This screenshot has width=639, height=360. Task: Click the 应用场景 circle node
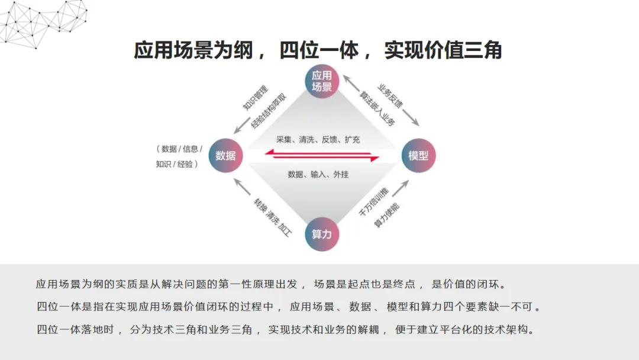click(322, 82)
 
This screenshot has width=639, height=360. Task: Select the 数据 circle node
click(226, 156)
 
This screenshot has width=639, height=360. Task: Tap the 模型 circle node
click(418, 156)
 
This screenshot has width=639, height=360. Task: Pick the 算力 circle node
click(322, 234)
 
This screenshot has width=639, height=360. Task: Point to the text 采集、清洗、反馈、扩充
click(318, 140)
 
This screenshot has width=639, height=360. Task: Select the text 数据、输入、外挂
click(318, 174)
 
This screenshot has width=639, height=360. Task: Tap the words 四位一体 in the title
click(319, 51)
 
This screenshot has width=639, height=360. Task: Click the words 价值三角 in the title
click(468, 51)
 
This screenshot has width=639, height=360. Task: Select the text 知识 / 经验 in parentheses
click(176, 164)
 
